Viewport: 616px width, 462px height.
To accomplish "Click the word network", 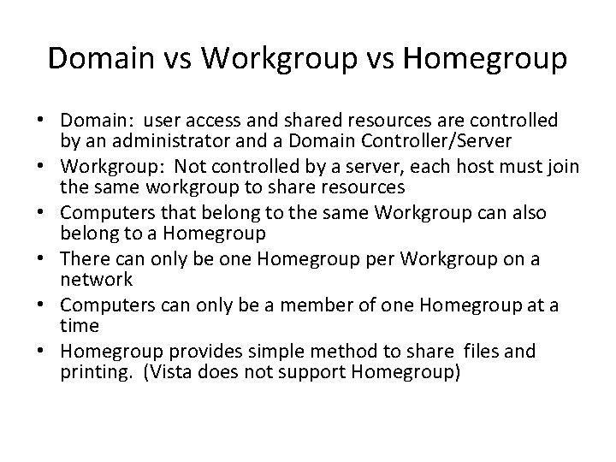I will pos(96,279).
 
